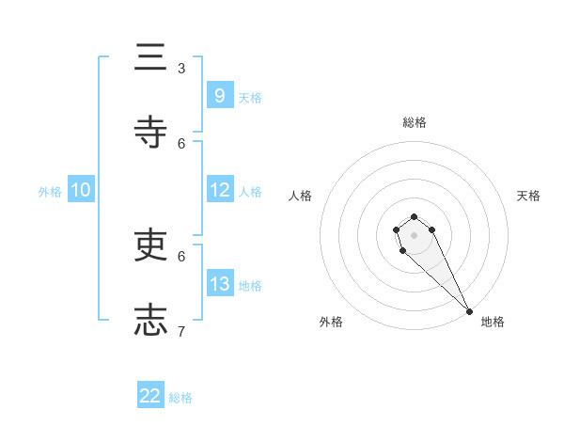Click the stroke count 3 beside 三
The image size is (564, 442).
click(181, 69)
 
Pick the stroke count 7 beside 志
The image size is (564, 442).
click(181, 331)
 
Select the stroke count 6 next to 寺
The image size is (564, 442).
click(181, 143)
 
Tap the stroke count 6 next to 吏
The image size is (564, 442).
click(181, 256)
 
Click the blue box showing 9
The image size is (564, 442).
click(219, 95)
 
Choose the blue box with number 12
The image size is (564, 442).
click(219, 189)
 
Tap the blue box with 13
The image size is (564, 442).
click(219, 283)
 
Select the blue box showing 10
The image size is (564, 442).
click(81, 190)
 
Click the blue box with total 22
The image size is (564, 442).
click(150, 396)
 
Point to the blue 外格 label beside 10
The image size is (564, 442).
click(50, 191)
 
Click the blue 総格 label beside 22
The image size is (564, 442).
click(180, 398)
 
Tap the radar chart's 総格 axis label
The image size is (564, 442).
click(415, 122)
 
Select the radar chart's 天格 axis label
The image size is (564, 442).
click(528, 196)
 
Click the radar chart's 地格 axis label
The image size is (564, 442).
click(493, 322)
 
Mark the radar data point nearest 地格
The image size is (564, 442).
click(469, 310)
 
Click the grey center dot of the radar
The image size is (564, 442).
click(414, 235)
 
